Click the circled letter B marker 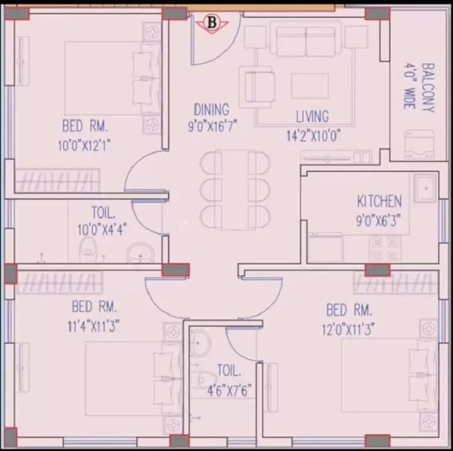click(212, 23)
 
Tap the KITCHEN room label click(380, 201)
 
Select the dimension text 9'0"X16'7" click(212, 126)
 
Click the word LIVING click(313, 116)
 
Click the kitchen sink click(426, 189)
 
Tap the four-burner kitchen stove click(385, 249)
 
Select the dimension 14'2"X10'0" click(314, 136)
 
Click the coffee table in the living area click(310, 86)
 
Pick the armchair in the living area click(256, 87)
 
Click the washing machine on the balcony click(419, 144)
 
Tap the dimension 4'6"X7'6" click(229, 391)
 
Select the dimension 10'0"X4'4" click(102, 230)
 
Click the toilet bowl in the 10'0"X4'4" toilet click(88, 250)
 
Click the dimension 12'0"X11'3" click(348, 329)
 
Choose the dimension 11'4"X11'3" click(93, 327)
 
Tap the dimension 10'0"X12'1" click(85, 145)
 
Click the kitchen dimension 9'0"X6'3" click(378, 221)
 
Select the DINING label click(212, 109)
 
